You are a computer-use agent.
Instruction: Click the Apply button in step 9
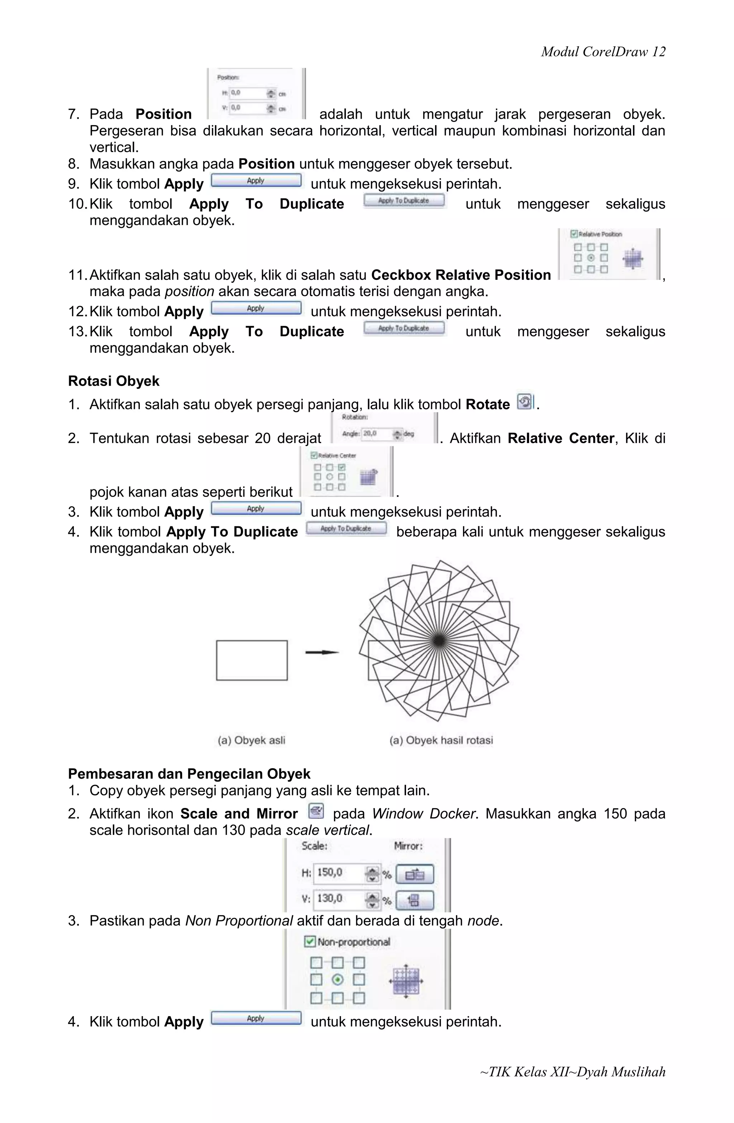[x=256, y=181]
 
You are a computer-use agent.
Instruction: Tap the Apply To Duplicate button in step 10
[x=404, y=201]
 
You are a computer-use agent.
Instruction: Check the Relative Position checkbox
[x=574, y=234]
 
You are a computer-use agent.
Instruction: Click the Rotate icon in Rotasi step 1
[x=524, y=402]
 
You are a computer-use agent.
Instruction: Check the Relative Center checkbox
[x=314, y=455]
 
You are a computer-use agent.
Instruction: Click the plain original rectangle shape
[x=252, y=660]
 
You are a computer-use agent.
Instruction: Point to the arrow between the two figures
[x=322, y=652]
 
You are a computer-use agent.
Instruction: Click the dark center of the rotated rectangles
[x=438, y=640]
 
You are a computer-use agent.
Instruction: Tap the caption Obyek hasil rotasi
[x=441, y=740]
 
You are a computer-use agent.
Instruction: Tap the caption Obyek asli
[x=251, y=740]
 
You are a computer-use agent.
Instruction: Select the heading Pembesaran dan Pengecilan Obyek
[x=189, y=774]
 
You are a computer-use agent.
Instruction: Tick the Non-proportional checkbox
[x=310, y=942]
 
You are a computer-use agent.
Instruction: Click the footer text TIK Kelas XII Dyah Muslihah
[x=572, y=1072]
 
